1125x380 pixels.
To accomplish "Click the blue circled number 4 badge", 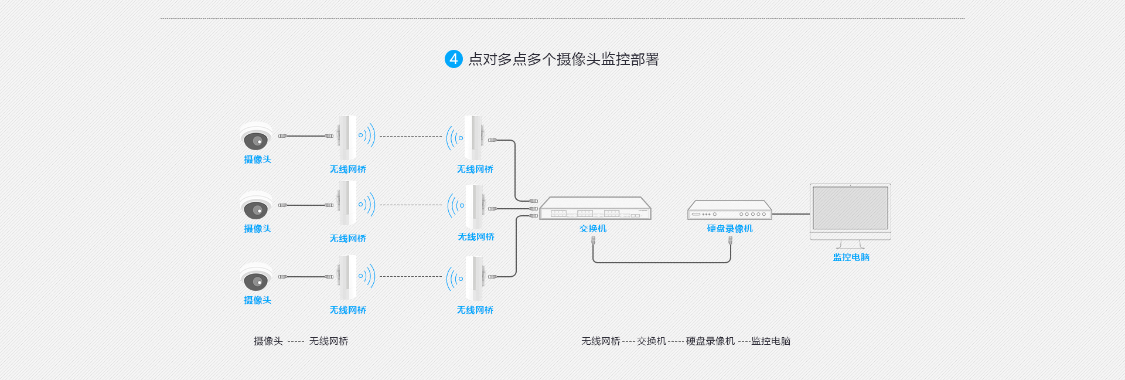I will tap(454, 59).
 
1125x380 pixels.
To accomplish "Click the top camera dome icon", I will tap(256, 138).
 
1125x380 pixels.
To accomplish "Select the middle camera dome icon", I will tap(256, 207).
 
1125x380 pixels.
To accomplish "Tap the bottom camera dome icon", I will tap(256, 279).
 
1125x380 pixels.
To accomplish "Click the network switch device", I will tap(595, 209).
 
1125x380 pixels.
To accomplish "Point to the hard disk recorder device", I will tap(729, 211).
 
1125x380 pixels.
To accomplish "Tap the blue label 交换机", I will tap(593, 229).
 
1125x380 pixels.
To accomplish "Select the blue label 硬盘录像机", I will tap(729, 229).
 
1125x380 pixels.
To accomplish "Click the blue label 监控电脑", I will tap(851, 257).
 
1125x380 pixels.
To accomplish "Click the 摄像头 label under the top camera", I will tap(257, 160).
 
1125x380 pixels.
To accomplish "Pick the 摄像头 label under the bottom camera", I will tap(257, 300).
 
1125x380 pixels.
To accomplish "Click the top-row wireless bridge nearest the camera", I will tap(347, 137).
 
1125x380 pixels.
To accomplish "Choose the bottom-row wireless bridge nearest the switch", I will tap(474, 277).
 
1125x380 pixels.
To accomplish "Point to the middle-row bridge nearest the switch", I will tap(474, 206).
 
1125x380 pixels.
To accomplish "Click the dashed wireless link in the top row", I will tap(410, 137).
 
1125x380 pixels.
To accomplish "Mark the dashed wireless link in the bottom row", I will tap(410, 277).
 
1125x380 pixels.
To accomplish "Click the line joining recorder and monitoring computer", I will tap(790, 214).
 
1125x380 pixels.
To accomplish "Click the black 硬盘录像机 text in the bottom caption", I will tap(710, 341).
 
